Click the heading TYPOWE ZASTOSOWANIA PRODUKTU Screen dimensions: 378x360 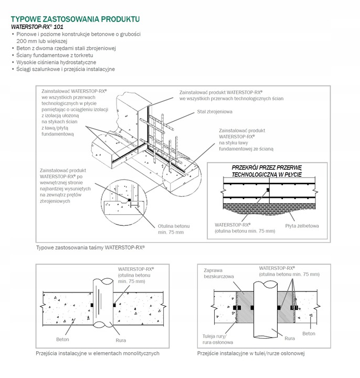(x=75, y=19)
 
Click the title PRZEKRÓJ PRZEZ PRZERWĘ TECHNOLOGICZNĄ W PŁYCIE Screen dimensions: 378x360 (x=267, y=170)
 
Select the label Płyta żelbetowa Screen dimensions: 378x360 (x=302, y=226)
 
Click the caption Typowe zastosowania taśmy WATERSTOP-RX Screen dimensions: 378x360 (x=90, y=247)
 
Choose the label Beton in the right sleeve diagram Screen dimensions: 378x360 (x=309, y=333)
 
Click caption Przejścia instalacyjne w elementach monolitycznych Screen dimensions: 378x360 (x=98, y=353)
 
